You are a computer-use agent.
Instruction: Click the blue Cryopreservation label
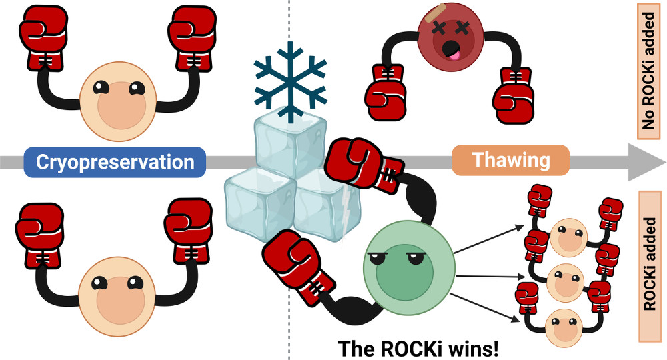click(115, 162)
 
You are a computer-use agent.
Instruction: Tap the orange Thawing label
click(510, 161)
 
